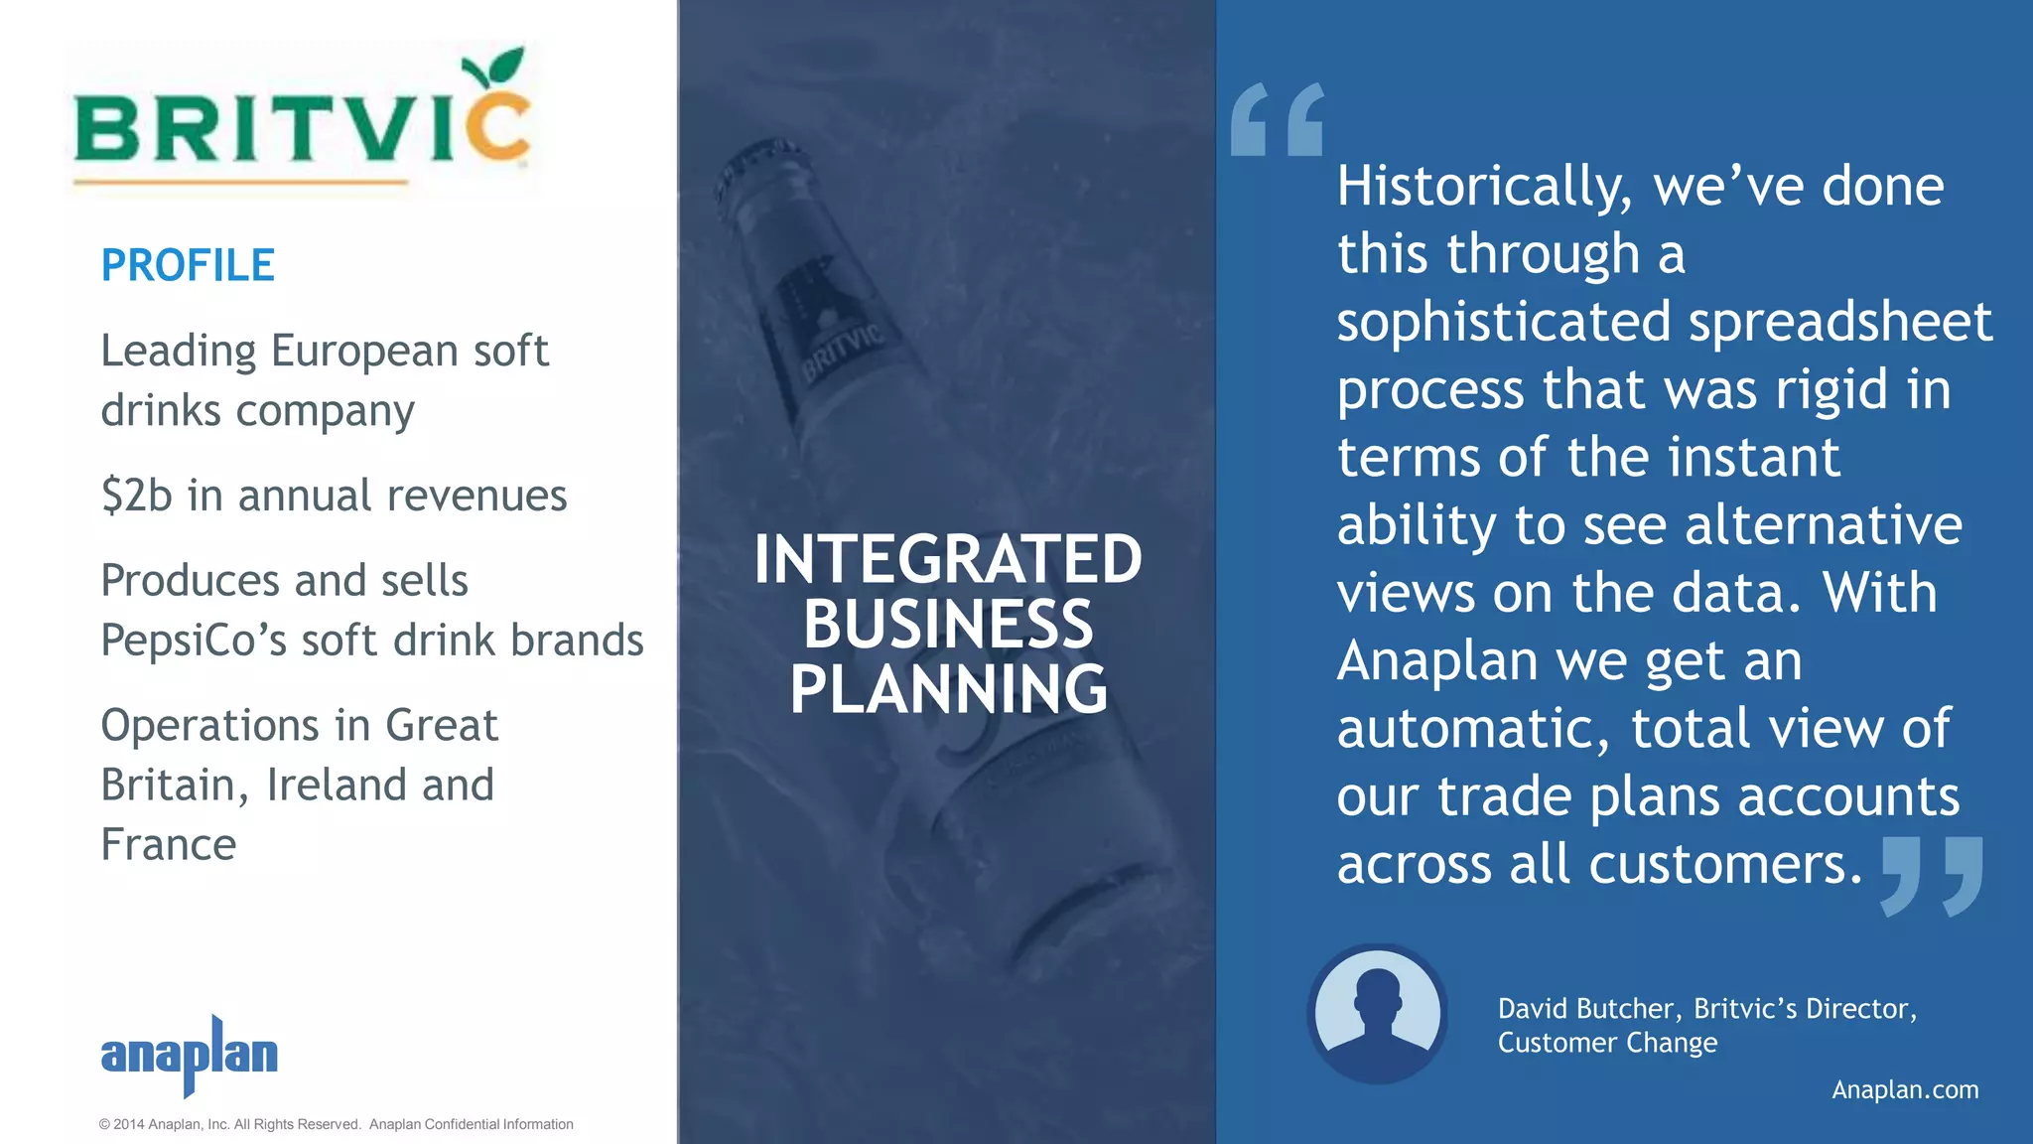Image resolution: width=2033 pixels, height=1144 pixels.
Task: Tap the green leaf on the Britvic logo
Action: [x=496, y=68]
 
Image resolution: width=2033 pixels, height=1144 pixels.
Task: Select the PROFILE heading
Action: [x=188, y=265]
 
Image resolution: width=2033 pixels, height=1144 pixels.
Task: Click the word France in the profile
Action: [x=169, y=845]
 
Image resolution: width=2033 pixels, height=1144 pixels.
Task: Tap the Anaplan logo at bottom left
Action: [x=189, y=1055]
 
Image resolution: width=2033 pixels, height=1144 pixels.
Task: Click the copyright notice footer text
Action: [x=336, y=1124]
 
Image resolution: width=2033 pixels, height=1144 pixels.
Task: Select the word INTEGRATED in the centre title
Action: [x=948, y=559]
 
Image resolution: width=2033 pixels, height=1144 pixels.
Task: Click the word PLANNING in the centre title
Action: [x=948, y=689]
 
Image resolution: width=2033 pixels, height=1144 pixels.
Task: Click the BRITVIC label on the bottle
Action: [x=842, y=353]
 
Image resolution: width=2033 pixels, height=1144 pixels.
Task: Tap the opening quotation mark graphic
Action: [x=1277, y=120]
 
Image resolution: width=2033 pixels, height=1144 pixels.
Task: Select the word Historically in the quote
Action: [x=1483, y=187]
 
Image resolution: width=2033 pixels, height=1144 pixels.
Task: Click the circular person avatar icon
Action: [x=1377, y=1014]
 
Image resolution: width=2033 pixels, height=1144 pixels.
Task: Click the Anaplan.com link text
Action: [x=1904, y=1089]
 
